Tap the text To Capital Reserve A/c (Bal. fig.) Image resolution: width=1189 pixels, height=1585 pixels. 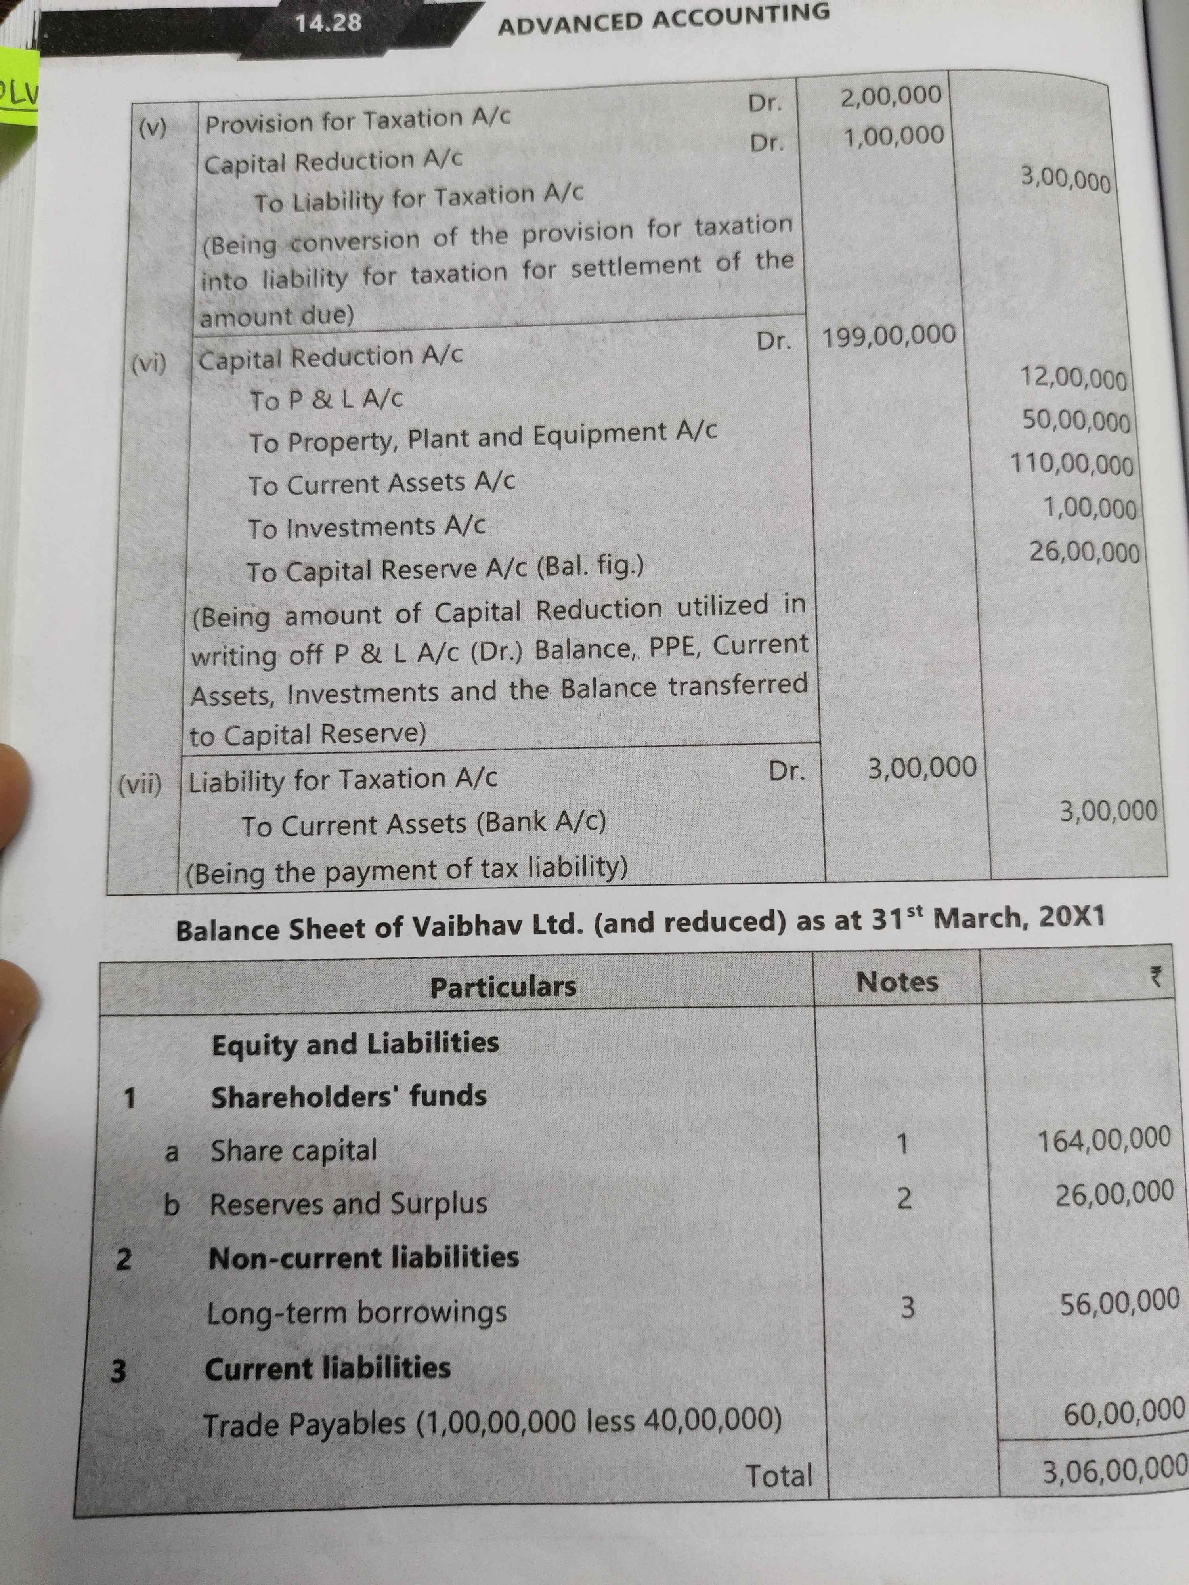[444, 569]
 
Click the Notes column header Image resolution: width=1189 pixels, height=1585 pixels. [897, 982]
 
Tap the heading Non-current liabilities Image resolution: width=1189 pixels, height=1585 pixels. [363, 1258]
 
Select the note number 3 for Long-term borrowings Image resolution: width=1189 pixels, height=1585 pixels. [907, 1308]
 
